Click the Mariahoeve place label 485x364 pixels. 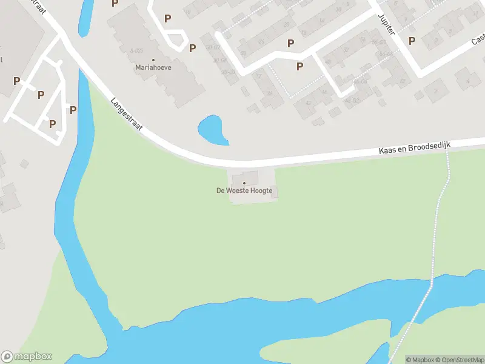(x=153, y=67)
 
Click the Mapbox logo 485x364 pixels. (x=27, y=357)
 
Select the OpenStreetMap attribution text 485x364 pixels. (x=460, y=360)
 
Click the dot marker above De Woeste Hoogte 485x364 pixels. (x=244, y=182)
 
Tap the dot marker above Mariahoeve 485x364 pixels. (x=153, y=59)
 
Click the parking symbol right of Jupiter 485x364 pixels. (x=412, y=41)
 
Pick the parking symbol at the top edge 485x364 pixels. (x=115, y=3)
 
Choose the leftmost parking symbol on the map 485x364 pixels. (x=16, y=81)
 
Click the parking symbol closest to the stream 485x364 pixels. (x=73, y=110)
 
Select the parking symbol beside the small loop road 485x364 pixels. (x=193, y=48)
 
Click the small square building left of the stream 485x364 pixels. (x=24, y=164)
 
